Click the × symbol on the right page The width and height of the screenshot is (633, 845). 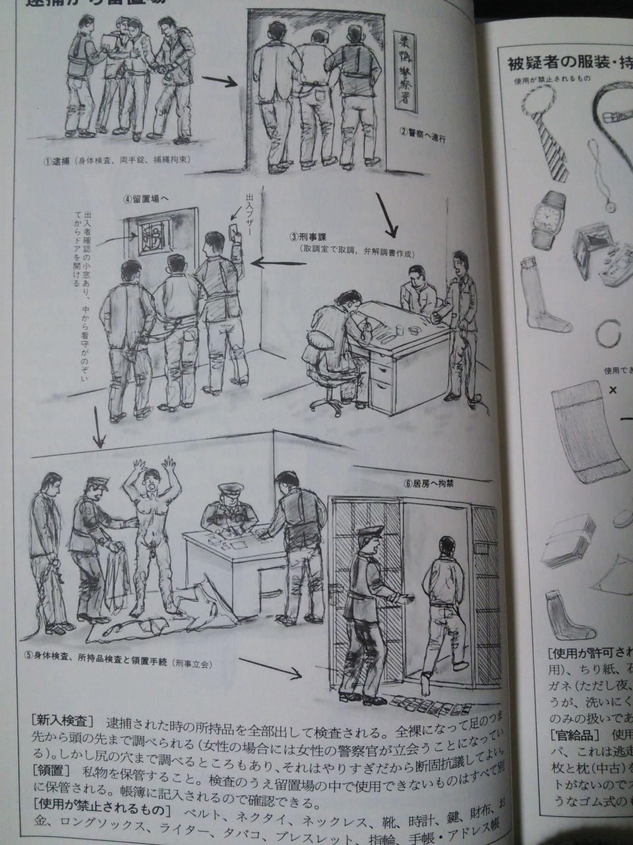[x=613, y=390]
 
